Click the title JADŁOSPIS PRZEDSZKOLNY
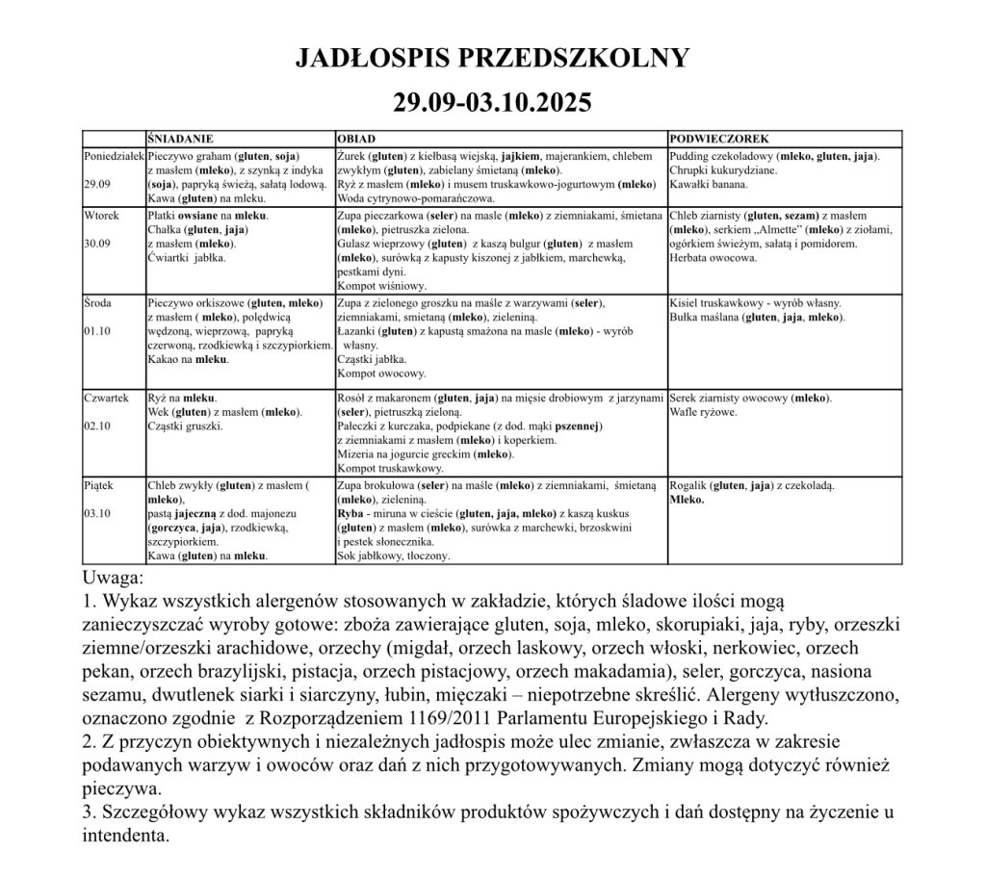(492, 58)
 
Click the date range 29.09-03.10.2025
(492, 101)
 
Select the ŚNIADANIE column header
(180, 139)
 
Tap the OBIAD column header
(355, 139)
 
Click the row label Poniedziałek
(114, 155)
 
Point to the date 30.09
(97, 244)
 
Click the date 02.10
(98, 426)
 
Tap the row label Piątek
(99, 487)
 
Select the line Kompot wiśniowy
(382, 286)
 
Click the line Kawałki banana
(710, 184)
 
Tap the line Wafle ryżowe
(705, 412)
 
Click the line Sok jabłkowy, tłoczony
(394, 555)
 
